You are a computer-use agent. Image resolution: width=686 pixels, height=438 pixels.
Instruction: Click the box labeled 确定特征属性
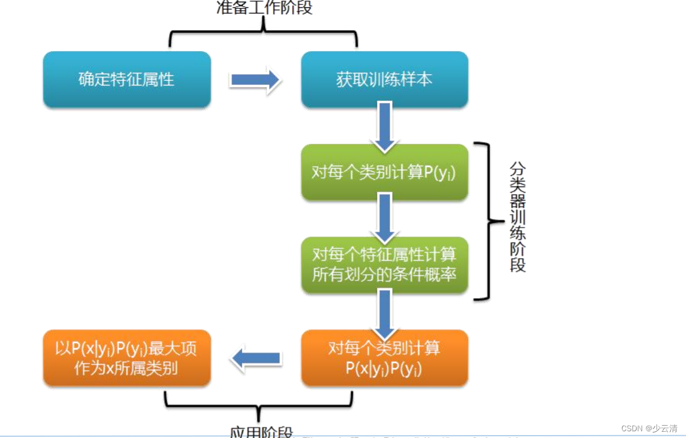pyautogui.click(x=126, y=79)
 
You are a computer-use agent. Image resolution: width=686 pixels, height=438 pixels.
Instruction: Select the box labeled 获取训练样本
pyautogui.click(x=384, y=79)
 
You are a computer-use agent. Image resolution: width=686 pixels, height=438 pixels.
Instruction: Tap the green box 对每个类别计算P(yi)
pyautogui.click(x=384, y=172)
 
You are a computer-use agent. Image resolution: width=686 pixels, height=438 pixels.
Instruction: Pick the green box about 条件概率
pyautogui.click(x=384, y=264)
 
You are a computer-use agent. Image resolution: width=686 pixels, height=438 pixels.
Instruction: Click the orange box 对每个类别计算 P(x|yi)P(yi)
pyautogui.click(x=384, y=358)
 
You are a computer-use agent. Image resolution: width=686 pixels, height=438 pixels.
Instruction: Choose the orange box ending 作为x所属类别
pyautogui.click(x=126, y=358)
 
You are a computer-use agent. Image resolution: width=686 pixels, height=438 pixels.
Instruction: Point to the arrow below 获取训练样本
pyautogui.click(x=384, y=126)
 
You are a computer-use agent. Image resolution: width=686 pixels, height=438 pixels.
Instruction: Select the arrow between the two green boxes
pyautogui.click(x=384, y=218)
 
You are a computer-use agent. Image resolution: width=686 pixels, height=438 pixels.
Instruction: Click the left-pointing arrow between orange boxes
pyautogui.click(x=256, y=358)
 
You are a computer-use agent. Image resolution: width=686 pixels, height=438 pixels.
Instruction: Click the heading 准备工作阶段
pyautogui.click(x=264, y=8)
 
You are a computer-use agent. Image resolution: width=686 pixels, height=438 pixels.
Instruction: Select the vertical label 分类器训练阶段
pyautogui.click(x=517, y=217)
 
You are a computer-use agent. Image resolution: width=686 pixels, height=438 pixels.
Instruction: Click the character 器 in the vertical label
pyautogui.click(x=517, y=200)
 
